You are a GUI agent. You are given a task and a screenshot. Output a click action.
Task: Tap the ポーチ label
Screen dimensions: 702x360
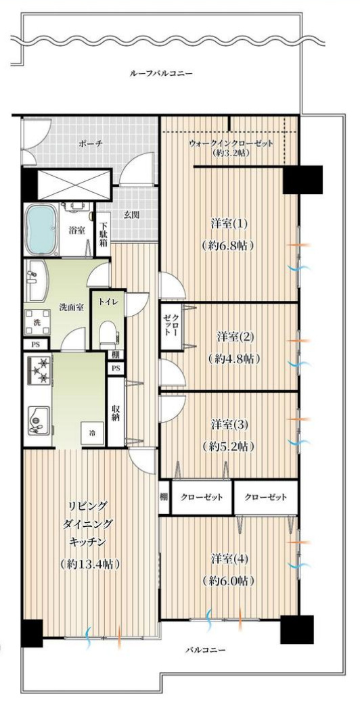[x=86, y=143]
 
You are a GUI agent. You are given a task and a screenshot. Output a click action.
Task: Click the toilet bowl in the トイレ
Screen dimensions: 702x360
[x=106, y=332]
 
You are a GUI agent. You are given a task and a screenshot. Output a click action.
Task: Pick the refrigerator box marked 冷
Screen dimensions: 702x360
[x=92, y=433]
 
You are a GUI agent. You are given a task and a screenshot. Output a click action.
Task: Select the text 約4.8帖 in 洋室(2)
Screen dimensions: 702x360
[x=232, y=358]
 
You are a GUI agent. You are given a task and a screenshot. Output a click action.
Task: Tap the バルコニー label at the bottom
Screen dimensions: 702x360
[x=206, y=650]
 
